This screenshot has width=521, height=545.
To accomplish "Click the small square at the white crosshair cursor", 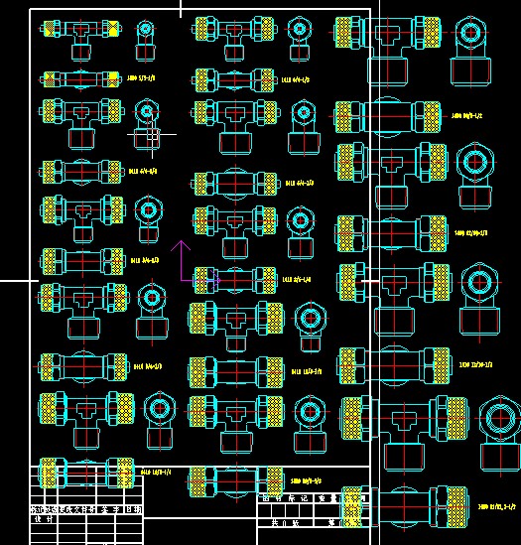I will pos(152,132).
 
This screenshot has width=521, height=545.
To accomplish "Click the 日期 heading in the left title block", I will pos(132,509).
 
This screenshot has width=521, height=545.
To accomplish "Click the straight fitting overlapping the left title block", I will pos(86,472).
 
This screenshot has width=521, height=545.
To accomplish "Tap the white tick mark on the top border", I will pos(181,9).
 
